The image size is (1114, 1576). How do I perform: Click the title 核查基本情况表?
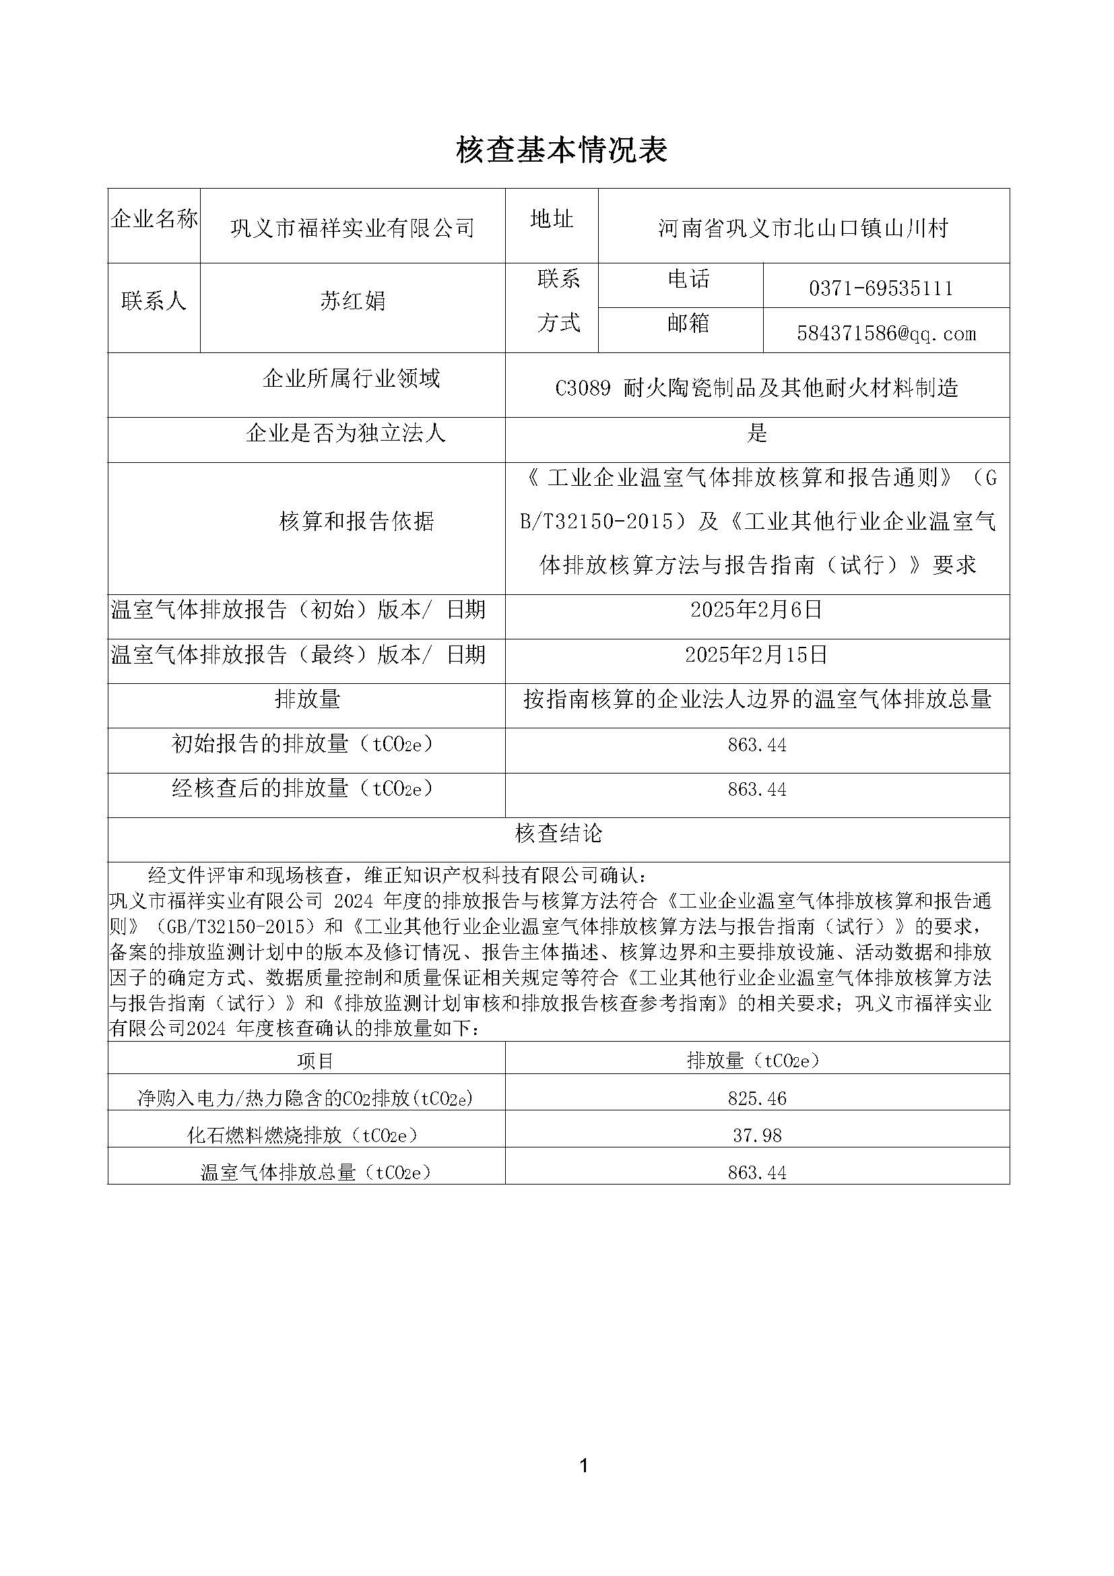[x=562, y=150]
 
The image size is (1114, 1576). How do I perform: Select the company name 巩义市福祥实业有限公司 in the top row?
[x=352, y=228]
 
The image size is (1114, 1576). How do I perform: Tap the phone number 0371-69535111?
[x=881, y=288]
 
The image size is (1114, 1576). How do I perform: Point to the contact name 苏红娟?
[x=352, y=301]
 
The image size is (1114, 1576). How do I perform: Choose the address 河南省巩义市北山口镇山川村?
[x=804, y=228]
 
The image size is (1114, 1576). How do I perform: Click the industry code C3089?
[x=583, y=389]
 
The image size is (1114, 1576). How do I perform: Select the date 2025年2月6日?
[x=756, y=610]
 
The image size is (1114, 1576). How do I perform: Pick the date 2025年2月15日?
[x=756, y=654]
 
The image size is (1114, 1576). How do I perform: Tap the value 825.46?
[x=756, y=1098]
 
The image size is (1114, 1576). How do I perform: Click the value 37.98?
[x=756, y=1135]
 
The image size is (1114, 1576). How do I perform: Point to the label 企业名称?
[x=154, y=220]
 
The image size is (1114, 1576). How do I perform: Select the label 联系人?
[x=154, y=301]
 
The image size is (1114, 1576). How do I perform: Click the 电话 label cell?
[x=688, y=279]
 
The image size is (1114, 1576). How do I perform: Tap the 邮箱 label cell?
[x=688, y=323]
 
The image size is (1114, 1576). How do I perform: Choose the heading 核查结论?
[x=558, y=833]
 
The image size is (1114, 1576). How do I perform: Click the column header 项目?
[x=315, y=1061]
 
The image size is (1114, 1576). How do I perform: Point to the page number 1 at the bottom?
[x=584, y=1466]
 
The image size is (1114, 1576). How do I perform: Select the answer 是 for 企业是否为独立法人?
[x=756, y=433]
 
